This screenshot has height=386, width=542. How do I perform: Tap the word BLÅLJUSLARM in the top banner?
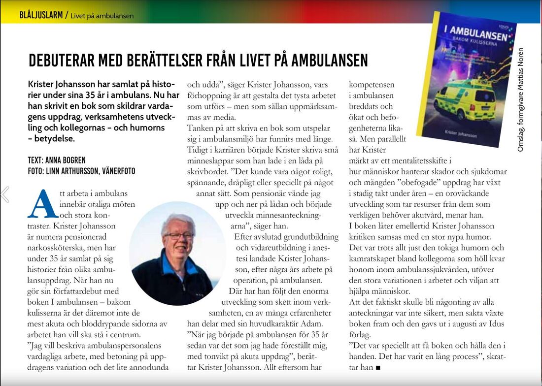(x=41, y=15)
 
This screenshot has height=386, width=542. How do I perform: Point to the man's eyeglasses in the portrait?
(x=178, y=236)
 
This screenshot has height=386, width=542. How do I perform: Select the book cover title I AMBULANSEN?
(x=475, y=33)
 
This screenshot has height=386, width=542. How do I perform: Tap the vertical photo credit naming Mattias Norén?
(x=521, y=98)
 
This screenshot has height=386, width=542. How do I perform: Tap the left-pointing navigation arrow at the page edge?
(x=5, y=194)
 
